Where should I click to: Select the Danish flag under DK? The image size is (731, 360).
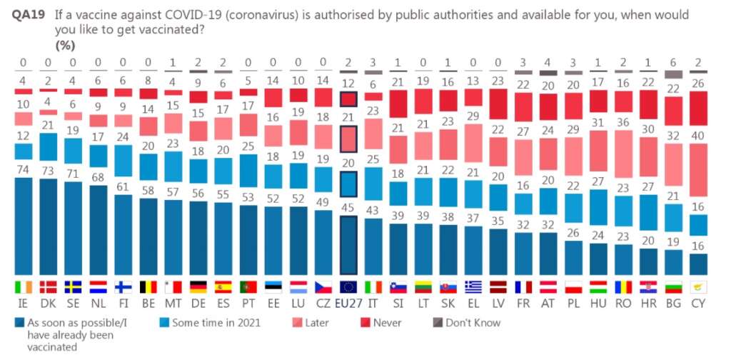[x=49, y=287]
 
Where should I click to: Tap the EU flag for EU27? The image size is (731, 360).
[x=348, y=287]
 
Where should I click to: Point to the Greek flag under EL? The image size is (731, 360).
[x=473, y=287]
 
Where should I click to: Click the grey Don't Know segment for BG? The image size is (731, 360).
[x=673, y=74]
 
